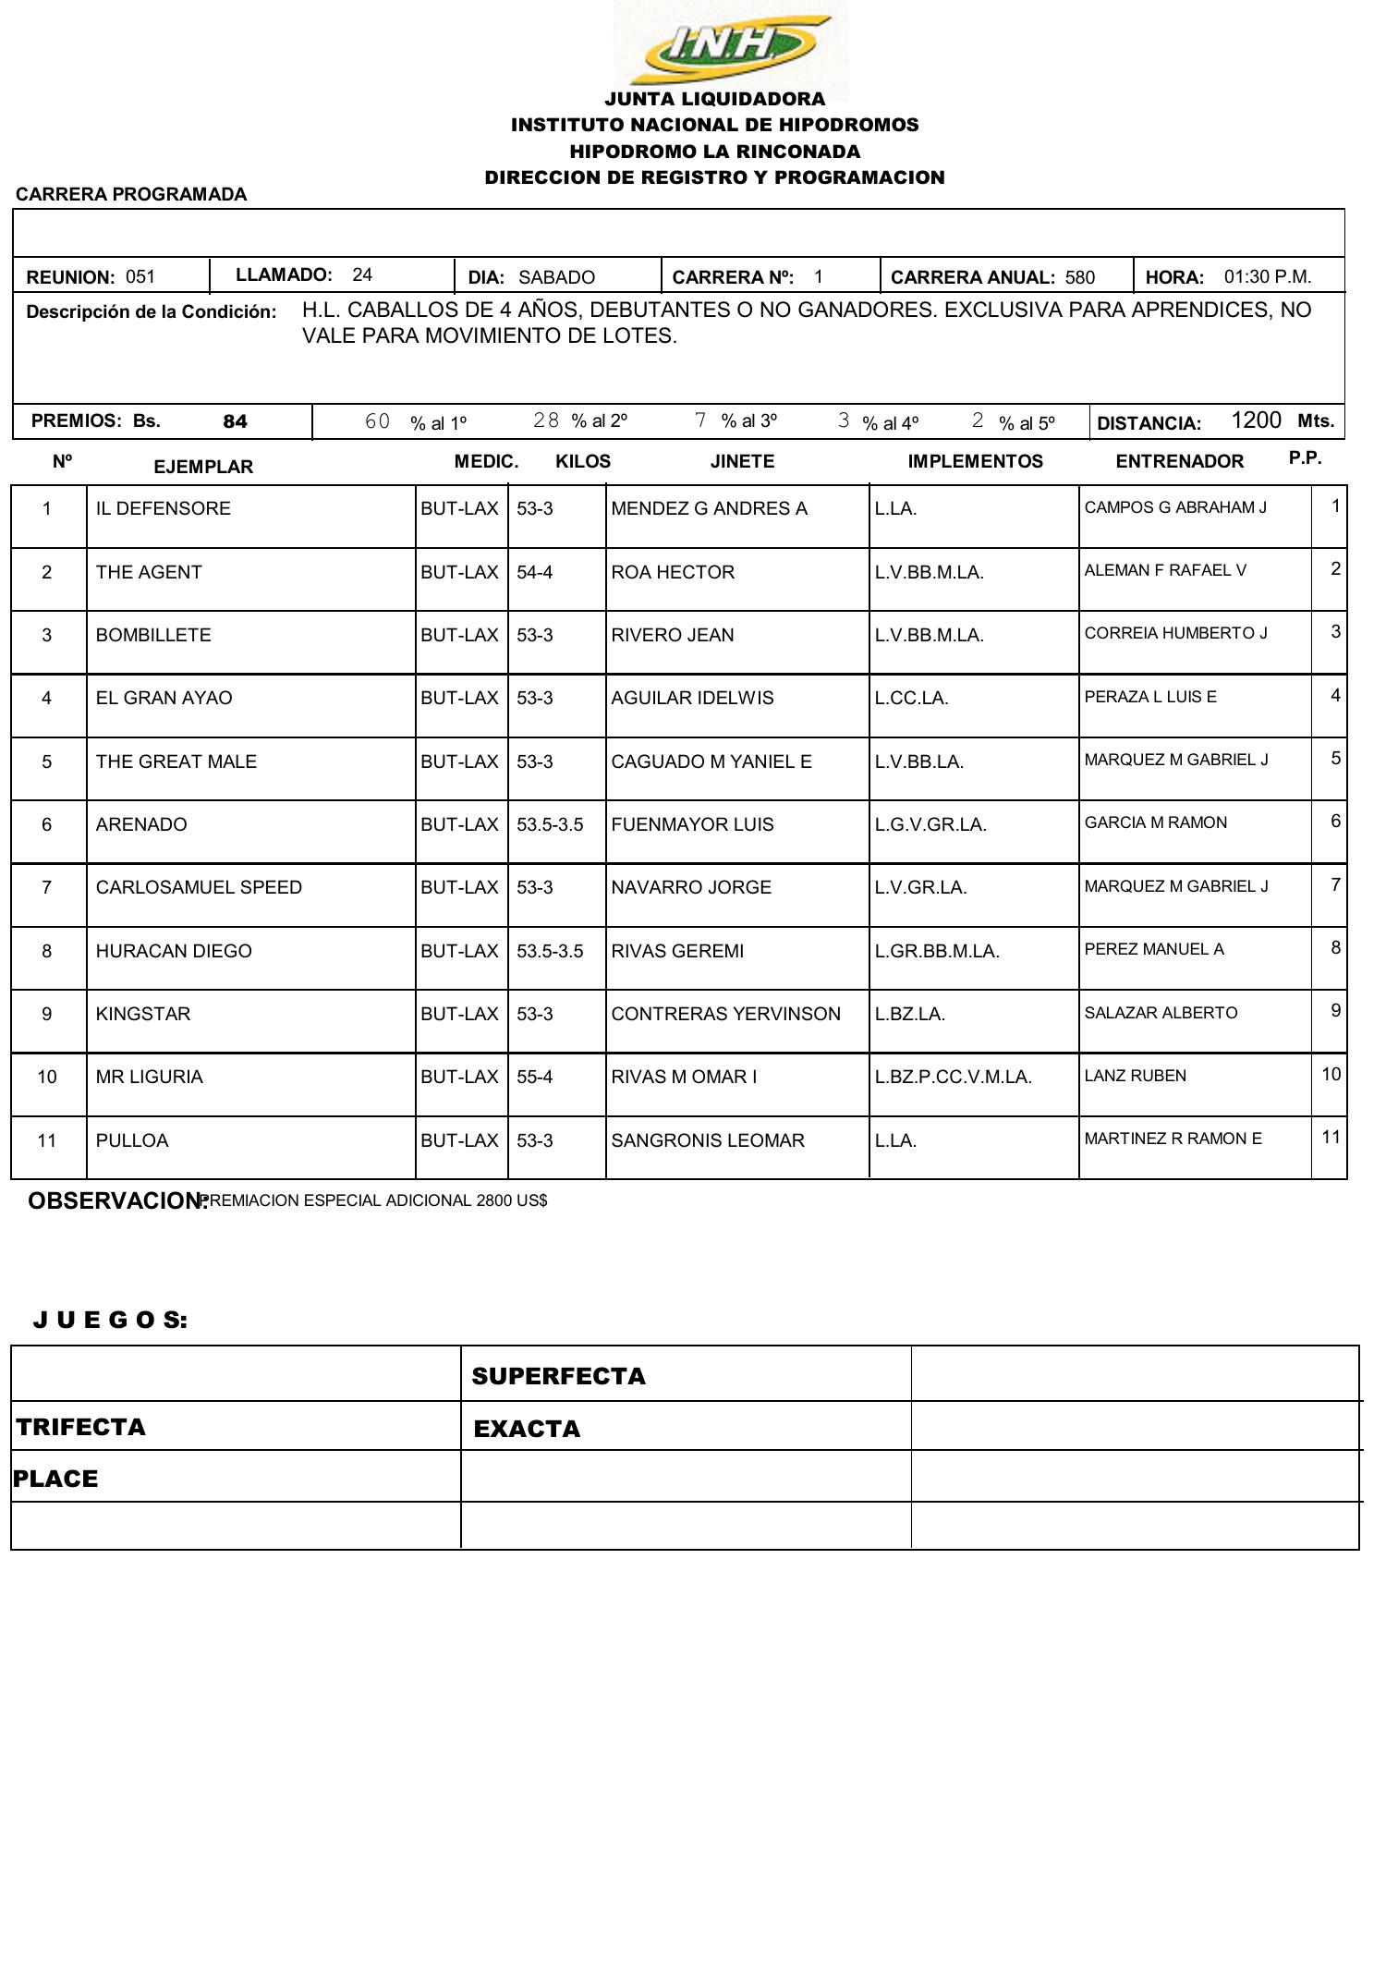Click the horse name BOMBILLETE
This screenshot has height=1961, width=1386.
[x=153, y=635]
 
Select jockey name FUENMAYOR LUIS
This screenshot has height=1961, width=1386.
[x=692, y=824]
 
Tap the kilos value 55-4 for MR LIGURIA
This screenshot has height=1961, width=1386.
[x=534, y=1077]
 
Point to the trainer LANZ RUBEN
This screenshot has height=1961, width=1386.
[x=1135, y=1076]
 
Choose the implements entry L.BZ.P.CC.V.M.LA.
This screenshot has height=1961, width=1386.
[x=953, y=1077]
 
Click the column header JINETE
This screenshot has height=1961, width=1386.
[x=742, y=461]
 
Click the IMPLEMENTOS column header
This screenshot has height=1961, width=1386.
[x=975, y=461]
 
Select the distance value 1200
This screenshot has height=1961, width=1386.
[x=1256, y=420]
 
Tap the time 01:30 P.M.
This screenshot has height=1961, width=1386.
[x=1267, y=276]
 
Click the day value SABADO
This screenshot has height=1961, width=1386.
[x=556, y=277]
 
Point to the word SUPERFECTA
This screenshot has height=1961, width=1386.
[x=558, y=1376]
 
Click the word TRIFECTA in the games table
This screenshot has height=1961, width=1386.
[x=81, y=1427]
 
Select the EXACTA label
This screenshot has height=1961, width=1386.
[x=527, y=1429]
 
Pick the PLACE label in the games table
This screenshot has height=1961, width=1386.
[x=55, y=1479]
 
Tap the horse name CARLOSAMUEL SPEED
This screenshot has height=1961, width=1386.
[x=199, y=887]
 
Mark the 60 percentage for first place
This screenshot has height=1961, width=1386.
[x=377, y=421]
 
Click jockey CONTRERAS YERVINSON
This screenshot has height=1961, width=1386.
[x=725, y=1014]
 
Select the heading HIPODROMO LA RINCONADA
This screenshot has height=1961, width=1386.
[x=714, y=151]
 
